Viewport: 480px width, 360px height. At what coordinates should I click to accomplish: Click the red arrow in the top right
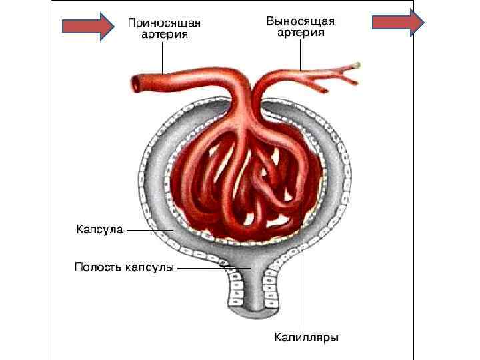pos(398,25)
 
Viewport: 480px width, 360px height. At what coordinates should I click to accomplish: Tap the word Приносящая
pos(164,23)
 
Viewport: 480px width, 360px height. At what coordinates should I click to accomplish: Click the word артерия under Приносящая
pos(164,35)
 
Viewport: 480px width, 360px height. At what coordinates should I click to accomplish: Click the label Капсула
pos(99,230)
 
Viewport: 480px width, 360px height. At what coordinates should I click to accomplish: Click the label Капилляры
pos(307,338)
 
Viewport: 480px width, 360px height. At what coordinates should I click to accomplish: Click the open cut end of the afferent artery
pos(137,84)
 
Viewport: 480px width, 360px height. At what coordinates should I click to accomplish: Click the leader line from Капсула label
pos(148,230)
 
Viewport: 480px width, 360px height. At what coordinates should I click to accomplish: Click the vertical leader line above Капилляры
pos(301,280)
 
